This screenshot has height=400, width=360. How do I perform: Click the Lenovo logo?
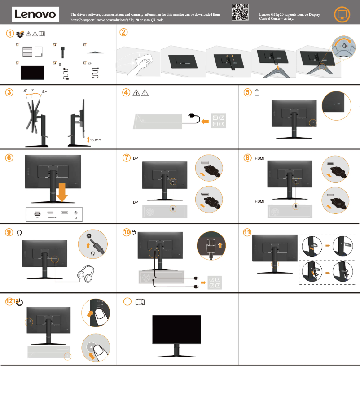coord(35,14)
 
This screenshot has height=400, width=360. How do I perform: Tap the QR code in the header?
coord(240,12)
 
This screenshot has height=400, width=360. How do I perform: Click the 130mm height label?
coord(96,140)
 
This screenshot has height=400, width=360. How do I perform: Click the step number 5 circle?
coord(248,92)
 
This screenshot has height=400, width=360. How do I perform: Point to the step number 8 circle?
coord(248,158)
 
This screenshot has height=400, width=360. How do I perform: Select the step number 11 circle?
coord(247,232)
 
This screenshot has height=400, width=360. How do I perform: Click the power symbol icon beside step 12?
coord(20,302)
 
